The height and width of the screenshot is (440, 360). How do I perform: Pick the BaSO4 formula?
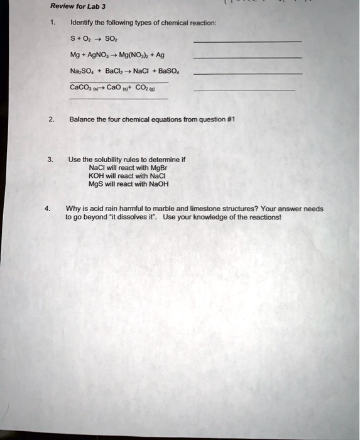point(155,71)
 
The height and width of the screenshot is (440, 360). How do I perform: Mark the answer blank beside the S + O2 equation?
point(248,41)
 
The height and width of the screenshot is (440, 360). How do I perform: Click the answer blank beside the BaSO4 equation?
point(248,74)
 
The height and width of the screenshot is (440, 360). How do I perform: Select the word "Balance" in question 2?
point(82,119)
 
